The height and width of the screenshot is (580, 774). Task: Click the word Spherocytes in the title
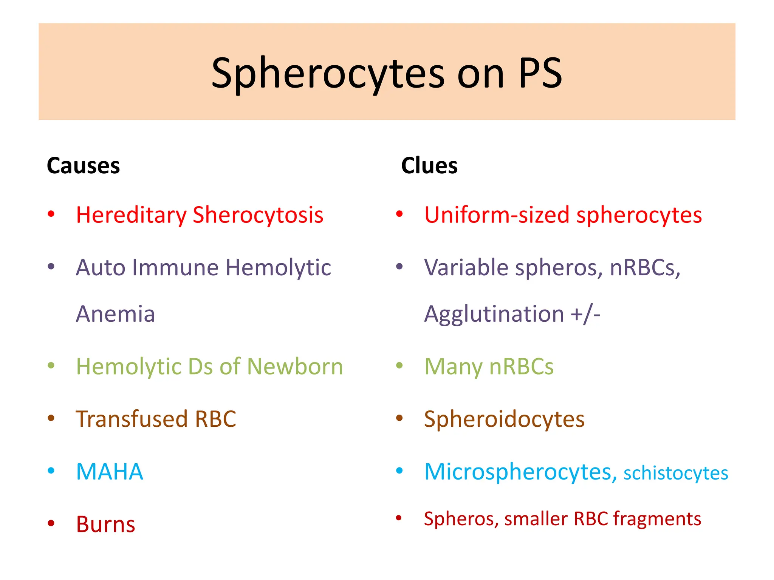coord(328,74)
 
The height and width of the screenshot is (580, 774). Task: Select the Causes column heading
coord(83,166)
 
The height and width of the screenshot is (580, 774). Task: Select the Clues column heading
coord(429,166)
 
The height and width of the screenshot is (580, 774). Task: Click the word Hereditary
coord(131,215)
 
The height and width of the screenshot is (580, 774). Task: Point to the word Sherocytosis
coord(258,215)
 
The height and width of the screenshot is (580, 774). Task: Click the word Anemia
coord(115,314)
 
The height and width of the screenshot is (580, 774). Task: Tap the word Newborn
coord(295,367)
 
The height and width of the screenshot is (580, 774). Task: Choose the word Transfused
coord(132,419)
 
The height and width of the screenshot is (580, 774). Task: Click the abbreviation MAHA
coord(110,472)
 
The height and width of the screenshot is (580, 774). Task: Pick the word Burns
coord(105,524)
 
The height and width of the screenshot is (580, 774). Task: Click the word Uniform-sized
coord(497,215)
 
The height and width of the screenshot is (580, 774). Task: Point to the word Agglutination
coord(494,314)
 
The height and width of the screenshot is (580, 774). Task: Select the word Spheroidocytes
coord(504,419)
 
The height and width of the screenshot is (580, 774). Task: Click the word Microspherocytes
coord(518,472)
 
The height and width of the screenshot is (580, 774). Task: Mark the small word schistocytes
coord(676,474)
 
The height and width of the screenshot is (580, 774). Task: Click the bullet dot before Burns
coord(51,523)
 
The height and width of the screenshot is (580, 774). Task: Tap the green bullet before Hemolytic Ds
coord(51,365)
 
